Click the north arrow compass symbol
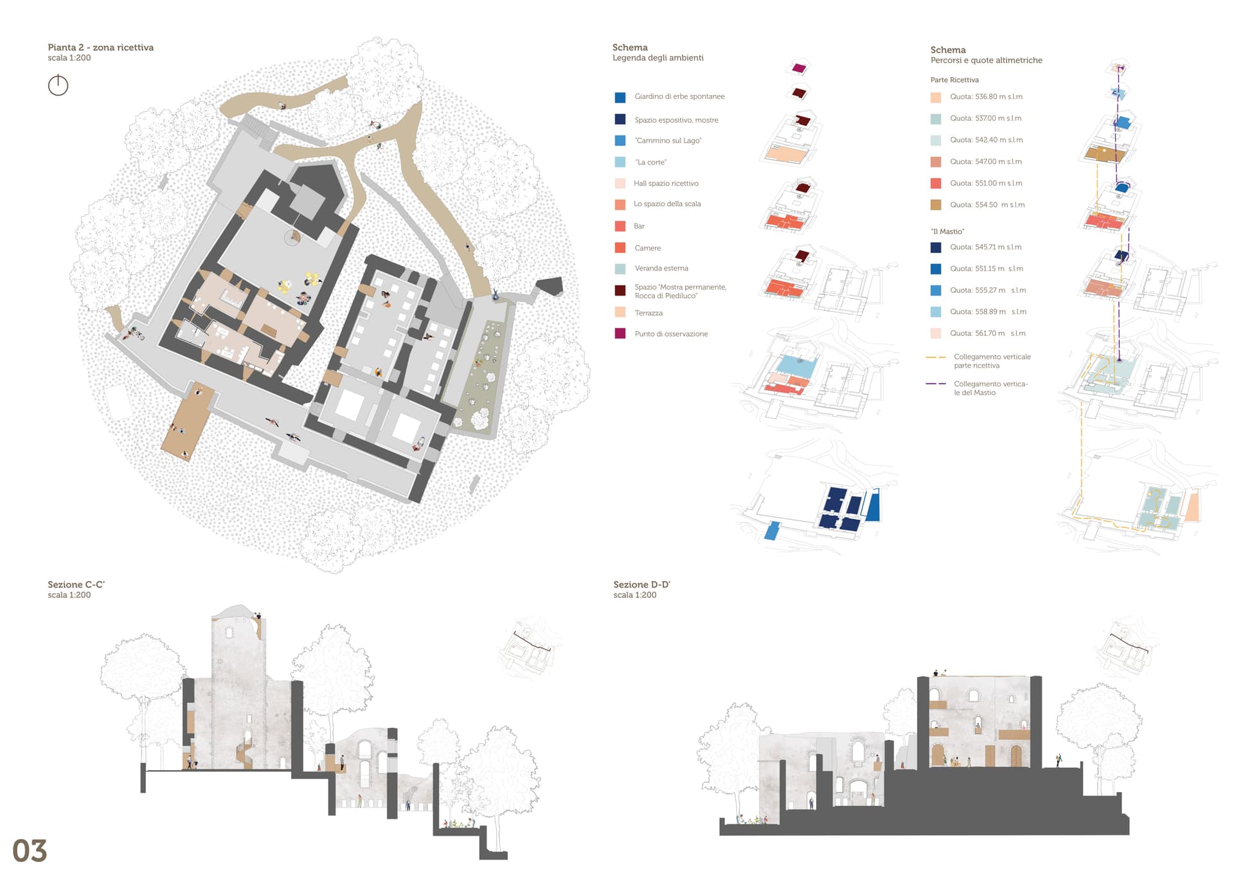(x=58, y=85)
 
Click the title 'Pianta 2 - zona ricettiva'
(x=100, y=48)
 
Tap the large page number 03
(x=30, y=850)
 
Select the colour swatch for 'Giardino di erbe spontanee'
(x=620, y=98)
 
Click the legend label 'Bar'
(x=639, y=226)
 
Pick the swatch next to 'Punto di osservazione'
(x=620, y=333)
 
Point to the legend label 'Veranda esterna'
(x=661, y=268)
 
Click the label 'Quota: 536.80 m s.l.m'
(x=986, y=97)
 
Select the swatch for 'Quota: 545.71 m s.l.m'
(x=936, y=247)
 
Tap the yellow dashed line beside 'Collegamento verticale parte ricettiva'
(x=936, y=357)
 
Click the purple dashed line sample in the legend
(x=936, y=383)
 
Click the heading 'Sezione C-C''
(x=76, y=585)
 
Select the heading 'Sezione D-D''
(x=641, y=585)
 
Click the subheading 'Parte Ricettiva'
(x=954, y=80)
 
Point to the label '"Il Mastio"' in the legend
(x=947, y=231)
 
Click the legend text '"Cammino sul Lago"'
(x=668, y=141)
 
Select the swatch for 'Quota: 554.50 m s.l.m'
(x=936, y=205)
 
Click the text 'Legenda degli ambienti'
(x=657, y=58)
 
